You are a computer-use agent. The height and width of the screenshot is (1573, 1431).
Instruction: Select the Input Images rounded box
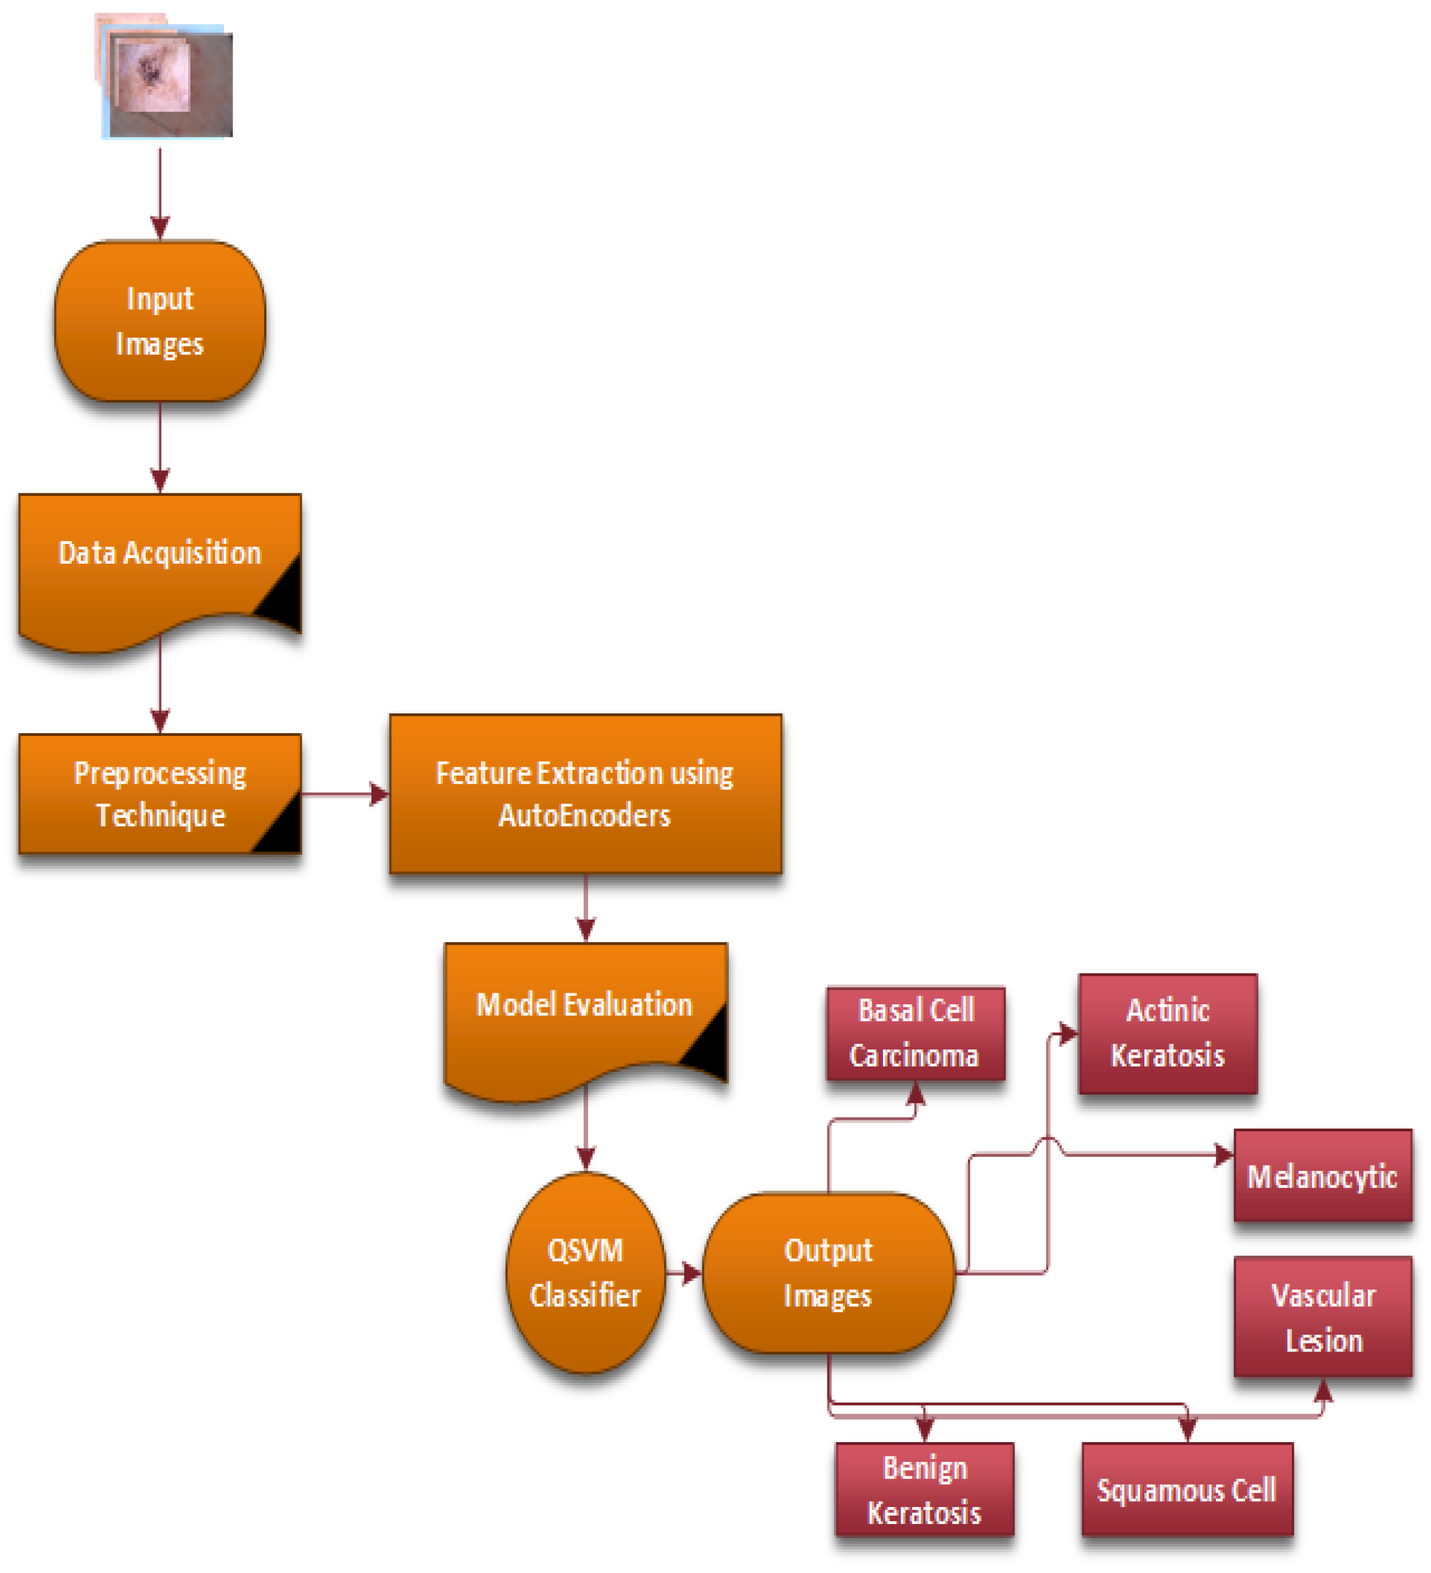(x=160, y=321)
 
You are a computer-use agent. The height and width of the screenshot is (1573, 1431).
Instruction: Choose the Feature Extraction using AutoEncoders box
(x=585, y=794)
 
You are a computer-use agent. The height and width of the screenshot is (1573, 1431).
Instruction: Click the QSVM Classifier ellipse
(x=585, y=1273)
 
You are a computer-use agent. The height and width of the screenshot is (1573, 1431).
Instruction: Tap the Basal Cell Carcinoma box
(x=915, y=1034)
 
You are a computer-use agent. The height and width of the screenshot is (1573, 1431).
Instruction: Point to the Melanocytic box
(x=1323, y=1176)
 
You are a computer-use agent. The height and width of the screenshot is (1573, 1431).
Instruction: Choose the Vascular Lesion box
(x=1323, y=1318)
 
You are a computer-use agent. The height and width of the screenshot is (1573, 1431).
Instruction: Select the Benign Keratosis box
(x=924, y=1491)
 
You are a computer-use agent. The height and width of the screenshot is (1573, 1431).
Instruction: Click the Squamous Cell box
(x=1187, y=1491)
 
